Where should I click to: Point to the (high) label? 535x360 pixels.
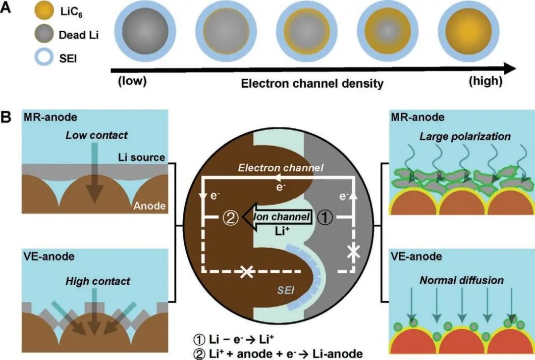(485, 81)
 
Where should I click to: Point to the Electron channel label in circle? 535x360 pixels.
(280, 168)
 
